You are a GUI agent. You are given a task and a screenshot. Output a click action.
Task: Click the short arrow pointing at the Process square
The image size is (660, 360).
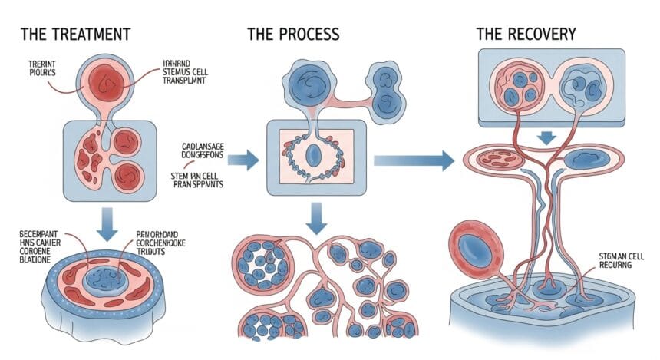pos(243,160)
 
